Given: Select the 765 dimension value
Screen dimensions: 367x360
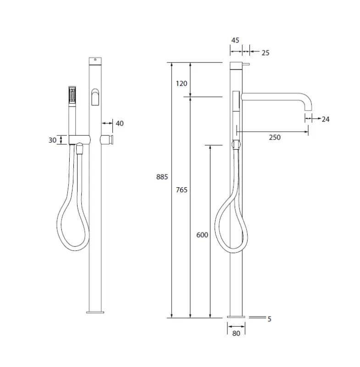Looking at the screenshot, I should coord(182,190).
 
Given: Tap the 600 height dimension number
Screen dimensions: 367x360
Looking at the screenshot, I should coord(202,235).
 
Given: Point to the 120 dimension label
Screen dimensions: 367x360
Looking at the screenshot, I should coord(182,83).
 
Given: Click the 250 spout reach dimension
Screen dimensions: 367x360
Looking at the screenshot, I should coord(275,137).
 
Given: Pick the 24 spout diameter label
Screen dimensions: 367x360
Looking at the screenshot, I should coord(325,119).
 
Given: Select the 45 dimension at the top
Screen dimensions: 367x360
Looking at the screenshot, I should coord(235,40).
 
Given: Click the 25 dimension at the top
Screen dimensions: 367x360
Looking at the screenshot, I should coord(265,53).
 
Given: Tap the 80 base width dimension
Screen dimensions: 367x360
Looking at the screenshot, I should coord(236,334).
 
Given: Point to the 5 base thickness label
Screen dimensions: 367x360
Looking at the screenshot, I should coord(269,319).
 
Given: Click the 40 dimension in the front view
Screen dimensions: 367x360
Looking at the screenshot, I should coord(119,123).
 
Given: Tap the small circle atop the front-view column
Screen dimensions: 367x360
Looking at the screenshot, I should coord(95,60).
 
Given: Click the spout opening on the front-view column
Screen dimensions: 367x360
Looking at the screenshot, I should coord(95,97).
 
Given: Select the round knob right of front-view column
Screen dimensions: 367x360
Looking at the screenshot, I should coord(108,140).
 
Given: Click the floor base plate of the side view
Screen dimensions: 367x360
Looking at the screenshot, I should coord(236,317).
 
